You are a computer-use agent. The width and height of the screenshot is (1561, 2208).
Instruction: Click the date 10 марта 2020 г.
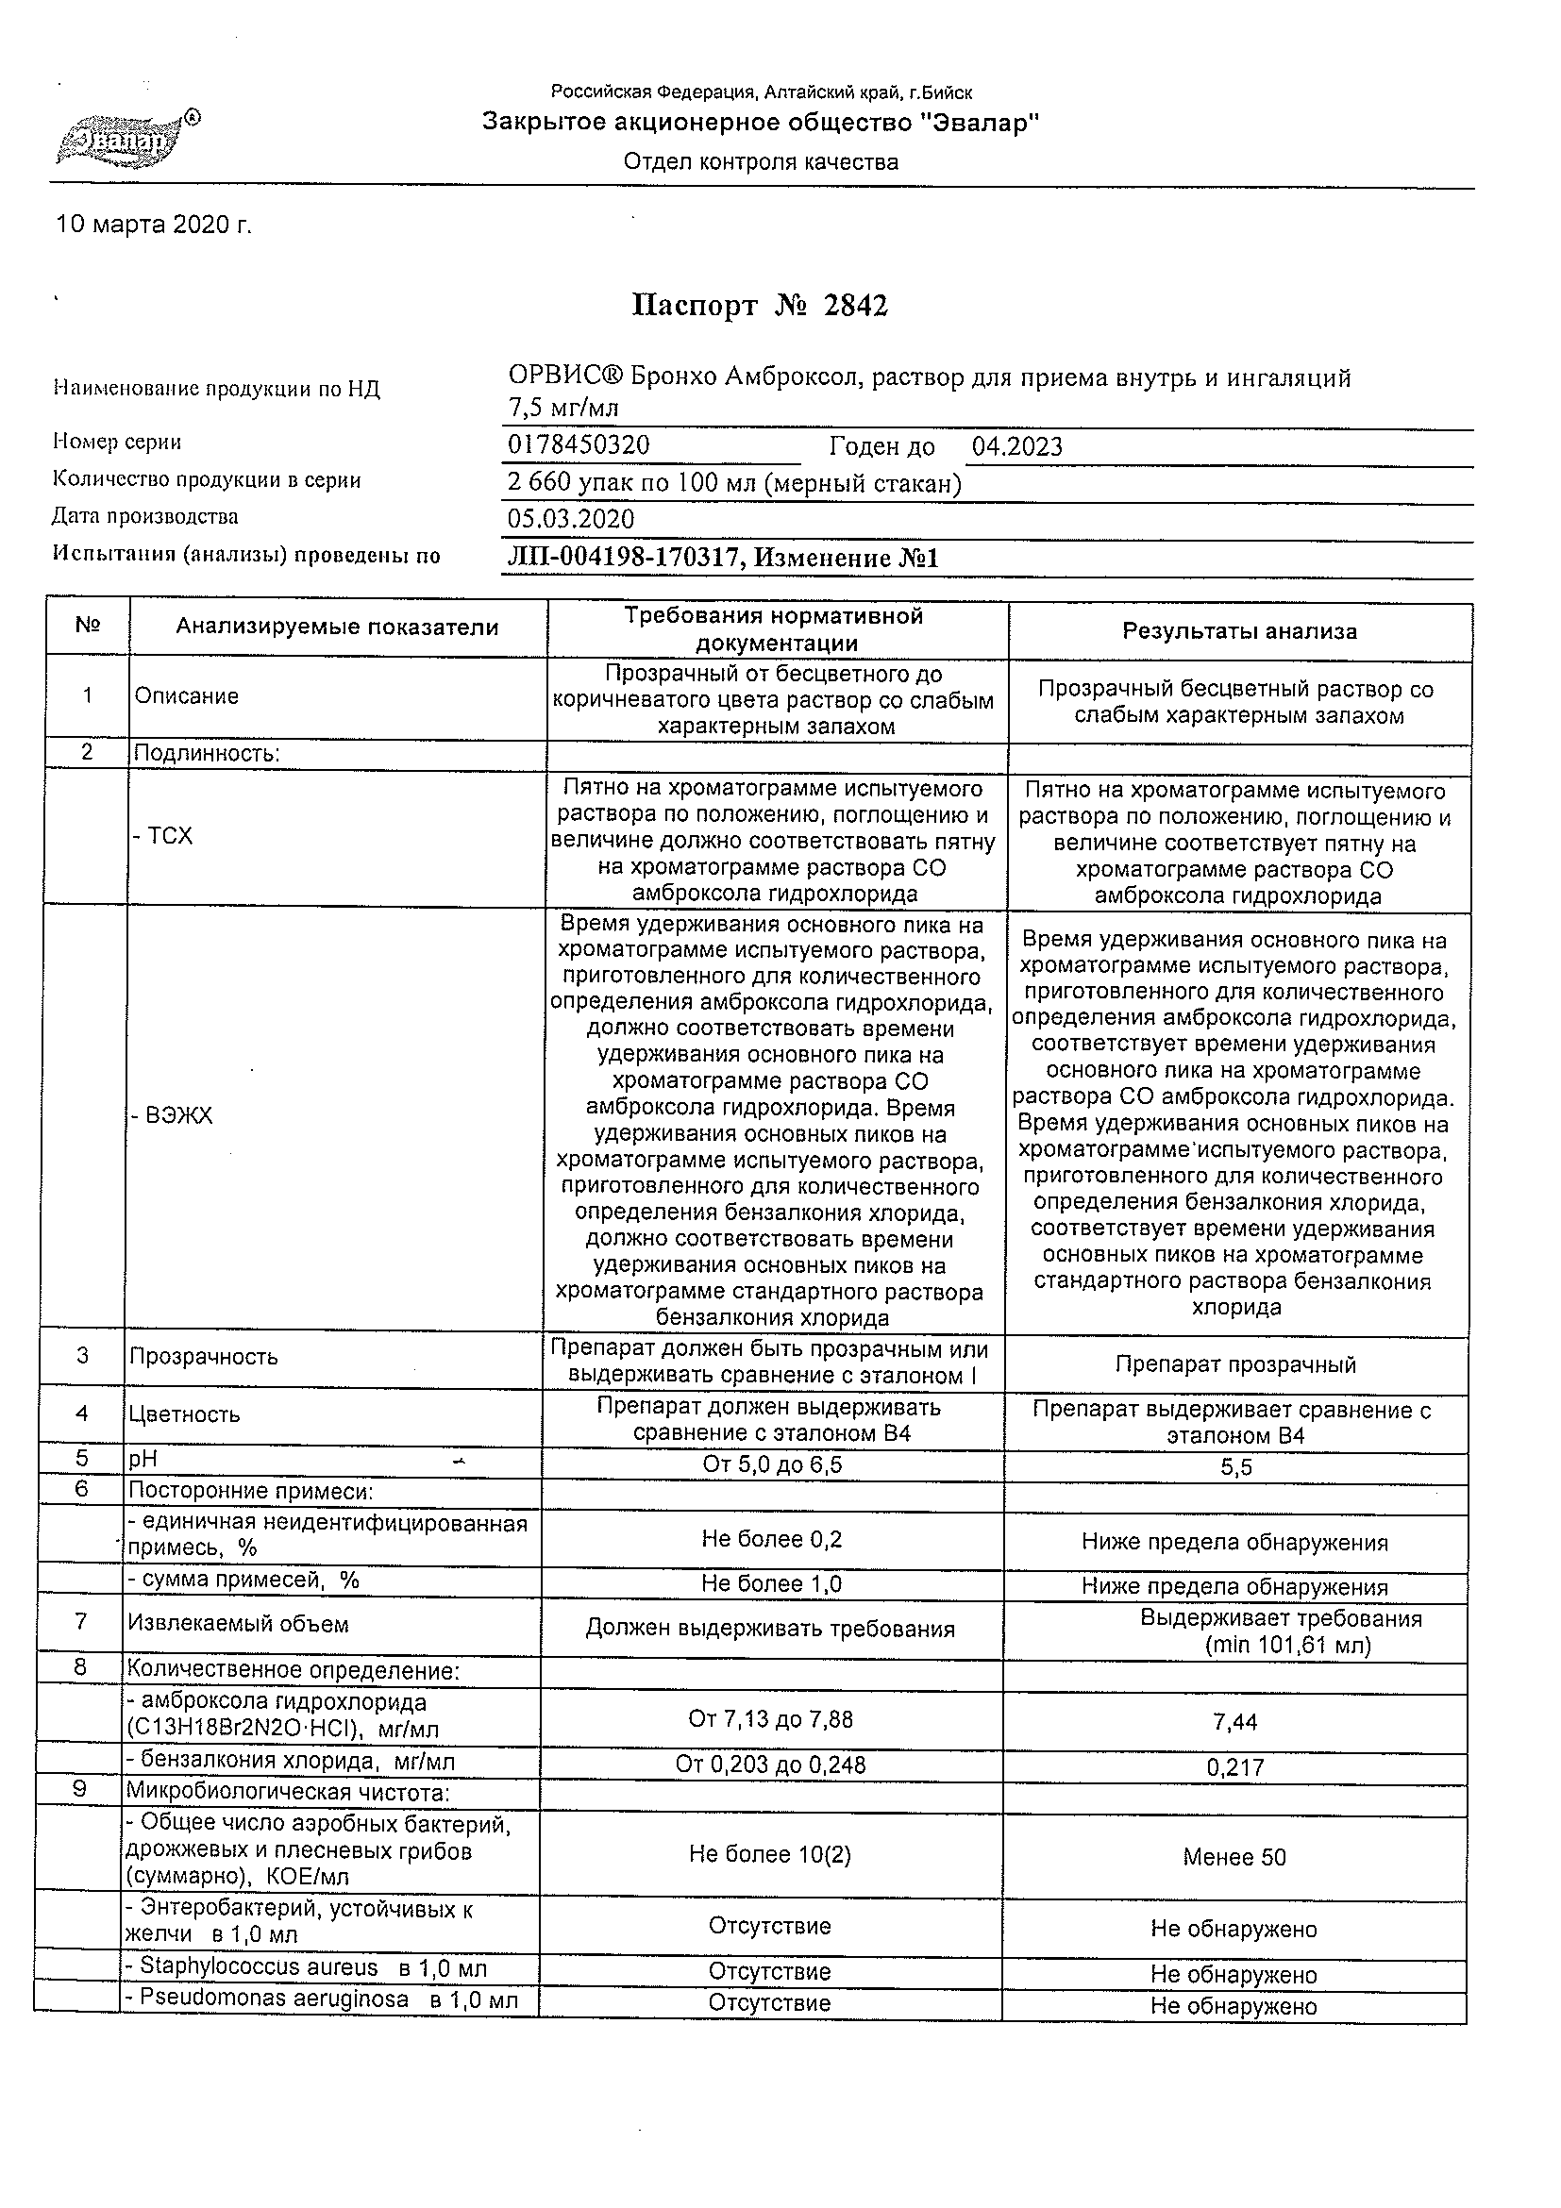[x=154, y=225]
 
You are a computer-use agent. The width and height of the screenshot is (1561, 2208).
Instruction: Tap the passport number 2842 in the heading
[x=855, y=306]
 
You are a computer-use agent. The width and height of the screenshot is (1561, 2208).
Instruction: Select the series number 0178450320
[x=578, y=445]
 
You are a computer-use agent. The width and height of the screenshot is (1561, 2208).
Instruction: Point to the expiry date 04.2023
[x=1016, y=446]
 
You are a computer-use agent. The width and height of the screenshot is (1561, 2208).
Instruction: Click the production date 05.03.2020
[x=570, y=519]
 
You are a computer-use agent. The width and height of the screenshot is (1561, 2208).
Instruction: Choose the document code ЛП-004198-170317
[x=623, y=558]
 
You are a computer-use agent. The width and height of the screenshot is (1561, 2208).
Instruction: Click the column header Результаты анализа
[x=1239, y=632]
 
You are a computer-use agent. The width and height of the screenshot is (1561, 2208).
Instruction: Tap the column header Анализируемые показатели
[x=337, y=628]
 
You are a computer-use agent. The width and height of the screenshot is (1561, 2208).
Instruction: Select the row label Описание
[x=187, y=696]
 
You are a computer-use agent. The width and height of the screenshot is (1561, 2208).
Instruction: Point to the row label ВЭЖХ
[x=174, y=1115]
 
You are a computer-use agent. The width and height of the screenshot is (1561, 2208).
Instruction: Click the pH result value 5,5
[x=1236, y=1468]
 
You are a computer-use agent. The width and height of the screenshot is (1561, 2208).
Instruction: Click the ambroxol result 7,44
[x=1235, y=1721]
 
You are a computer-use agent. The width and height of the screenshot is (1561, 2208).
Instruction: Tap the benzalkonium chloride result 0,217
[x=1235, y=1767]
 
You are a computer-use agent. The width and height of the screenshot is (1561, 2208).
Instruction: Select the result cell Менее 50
[x=1234, y=1857]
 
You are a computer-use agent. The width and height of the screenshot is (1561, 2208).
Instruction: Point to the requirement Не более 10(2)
[x=769, y=1854]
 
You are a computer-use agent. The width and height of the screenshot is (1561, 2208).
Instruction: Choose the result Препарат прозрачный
[x=1235, y=1364]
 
